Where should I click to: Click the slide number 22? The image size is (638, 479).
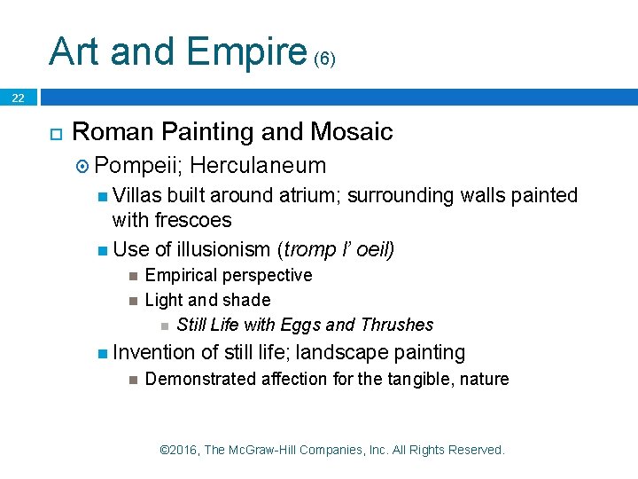(x=18, y=98)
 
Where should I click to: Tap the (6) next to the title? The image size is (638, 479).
(x=325, y=59)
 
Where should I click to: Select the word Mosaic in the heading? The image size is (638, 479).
(x=352, y=132)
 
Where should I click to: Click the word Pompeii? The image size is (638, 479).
(x=136, y=166)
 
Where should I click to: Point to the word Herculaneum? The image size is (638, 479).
(x=258, y=166)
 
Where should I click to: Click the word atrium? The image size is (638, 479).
(x=309, y=196)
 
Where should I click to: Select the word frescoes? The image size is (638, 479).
(x=187, y=220)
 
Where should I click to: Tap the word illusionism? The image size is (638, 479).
(x=222, y=250)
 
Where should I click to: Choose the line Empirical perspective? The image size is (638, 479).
(x=228, y=276)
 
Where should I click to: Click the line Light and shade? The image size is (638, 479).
(x=206, y=301)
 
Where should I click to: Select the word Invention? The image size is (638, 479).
(x=153, y=353)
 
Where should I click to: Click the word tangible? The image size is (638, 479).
(x=414, y=380)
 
